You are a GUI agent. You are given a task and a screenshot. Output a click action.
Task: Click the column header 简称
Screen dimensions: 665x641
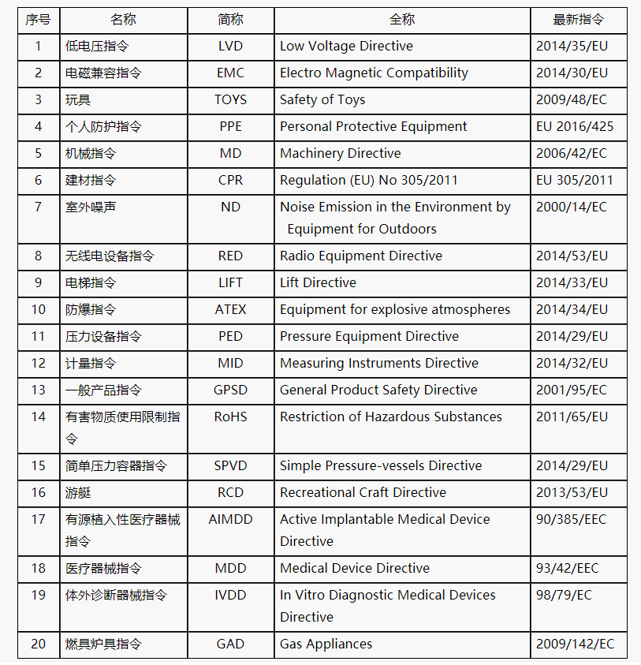pyautogui.click(x=230, y=20)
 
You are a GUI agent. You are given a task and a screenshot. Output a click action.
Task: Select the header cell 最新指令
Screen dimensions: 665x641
pyautogui.click(x=578, y=20)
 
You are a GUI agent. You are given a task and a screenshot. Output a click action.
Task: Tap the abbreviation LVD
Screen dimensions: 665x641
pyautogui.click(x=230, y=46)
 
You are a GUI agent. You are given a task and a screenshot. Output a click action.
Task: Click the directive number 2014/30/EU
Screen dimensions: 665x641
pyautogui.click(x=572, y=73)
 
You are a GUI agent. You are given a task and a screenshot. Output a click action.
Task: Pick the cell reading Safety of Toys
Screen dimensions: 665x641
pyautogui.click(x=322, y=99)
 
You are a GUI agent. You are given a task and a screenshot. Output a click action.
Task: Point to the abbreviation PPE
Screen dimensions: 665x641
pyautogui.click(x=230, y=126)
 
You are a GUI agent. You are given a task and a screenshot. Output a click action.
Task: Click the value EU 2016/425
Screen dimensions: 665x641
pyautogui.click(x=574, y=126)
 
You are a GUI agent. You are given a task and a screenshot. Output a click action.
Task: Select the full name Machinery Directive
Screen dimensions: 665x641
pyautogui.click(x=340, y=153)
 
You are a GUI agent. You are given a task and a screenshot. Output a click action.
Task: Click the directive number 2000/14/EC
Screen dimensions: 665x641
pyautogui.click(x=572, y=207)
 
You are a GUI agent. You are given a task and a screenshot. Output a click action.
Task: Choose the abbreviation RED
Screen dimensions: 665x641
pyautogui.click(x=230, y=256)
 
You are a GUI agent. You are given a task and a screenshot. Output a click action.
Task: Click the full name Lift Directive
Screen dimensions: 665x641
pyautogui.click(x=318, y=282)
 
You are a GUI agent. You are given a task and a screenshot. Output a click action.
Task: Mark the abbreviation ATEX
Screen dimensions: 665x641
pyautogui.click(x=230, y=309)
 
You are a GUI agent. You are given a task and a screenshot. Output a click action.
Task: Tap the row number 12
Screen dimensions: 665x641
pyautogui.click(x=39, y=363)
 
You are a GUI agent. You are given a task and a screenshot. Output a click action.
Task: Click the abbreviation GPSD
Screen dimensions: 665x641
pyautogui.click(x=230, y=390)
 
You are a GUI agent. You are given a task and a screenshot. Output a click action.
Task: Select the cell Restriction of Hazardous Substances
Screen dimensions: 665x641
pyautogui.click(x=390, y=417)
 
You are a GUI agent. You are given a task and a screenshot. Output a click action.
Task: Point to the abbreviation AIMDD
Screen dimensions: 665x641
pyautogui.click(x=230, y=519)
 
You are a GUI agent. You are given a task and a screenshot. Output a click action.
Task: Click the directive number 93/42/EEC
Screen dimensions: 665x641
pyautogui.click(x=567, y=568)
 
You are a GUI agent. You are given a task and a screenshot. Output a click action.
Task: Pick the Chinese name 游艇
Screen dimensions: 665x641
pyautogui.click(x=78, y=492)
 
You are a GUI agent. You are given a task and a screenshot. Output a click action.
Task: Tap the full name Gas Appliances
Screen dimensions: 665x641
pyautogui.click(x=326, y=644)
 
